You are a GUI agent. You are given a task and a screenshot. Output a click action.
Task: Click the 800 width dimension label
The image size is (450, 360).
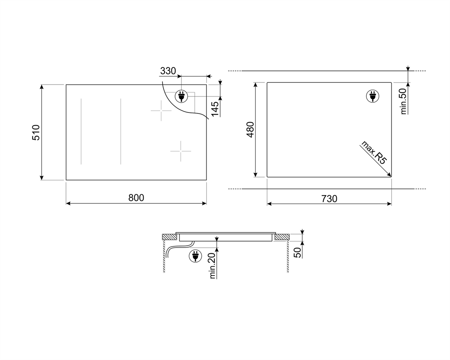click(136, 198)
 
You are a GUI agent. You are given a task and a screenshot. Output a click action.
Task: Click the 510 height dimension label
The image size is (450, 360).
click(36, 132)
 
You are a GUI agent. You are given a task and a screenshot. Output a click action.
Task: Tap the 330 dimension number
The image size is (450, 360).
click(168, 71)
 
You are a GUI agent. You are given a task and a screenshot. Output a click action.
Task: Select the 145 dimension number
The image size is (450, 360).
click(215, 109)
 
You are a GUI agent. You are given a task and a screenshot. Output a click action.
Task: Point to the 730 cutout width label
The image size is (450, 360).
click(329, 199)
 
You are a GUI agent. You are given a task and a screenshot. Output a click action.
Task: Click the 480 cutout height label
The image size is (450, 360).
click(250, 129)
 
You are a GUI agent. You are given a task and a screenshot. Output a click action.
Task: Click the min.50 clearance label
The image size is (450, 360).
click(403, 101)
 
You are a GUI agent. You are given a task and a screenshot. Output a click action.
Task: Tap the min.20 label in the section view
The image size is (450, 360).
click(212, 265)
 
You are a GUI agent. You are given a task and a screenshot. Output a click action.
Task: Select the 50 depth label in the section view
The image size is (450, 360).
click(297, 252)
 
